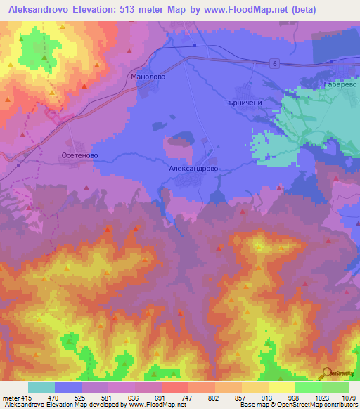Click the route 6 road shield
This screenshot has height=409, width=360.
pos(274,64)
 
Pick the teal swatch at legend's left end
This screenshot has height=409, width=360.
pos(41,387)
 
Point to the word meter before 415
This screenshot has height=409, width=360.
pos(11,397)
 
